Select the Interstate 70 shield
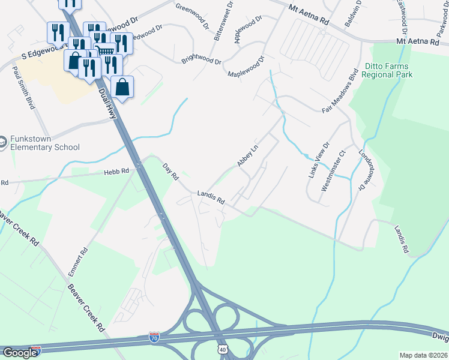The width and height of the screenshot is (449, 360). point(155,337)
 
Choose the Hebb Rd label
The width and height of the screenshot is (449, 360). point(117,172)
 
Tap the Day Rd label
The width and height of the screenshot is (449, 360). point(171,172)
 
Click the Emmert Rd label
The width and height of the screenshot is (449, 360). point(79,260)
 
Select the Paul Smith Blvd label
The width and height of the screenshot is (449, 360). point(23,88)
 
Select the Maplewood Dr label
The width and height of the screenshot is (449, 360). point(246,67)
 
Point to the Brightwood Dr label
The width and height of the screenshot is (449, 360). point(201,61)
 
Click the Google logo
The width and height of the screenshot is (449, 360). point(19,353)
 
